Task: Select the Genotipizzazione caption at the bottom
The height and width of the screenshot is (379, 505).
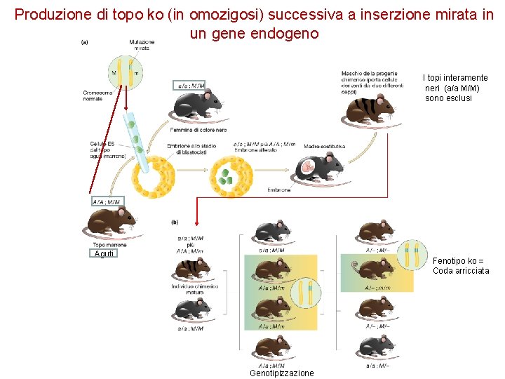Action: coord(282,373)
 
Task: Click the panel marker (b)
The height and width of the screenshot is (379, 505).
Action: coord(174,222)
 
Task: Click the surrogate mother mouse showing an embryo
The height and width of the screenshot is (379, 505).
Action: coord(319,166)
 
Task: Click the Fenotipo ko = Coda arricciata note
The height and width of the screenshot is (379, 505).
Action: coord(461,265)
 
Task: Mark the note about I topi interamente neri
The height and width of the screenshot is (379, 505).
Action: coord(456,88)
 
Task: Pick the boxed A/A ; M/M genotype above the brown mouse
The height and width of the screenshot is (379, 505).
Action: coord(106,201)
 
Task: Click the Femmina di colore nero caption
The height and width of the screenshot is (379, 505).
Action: coord(194,130)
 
